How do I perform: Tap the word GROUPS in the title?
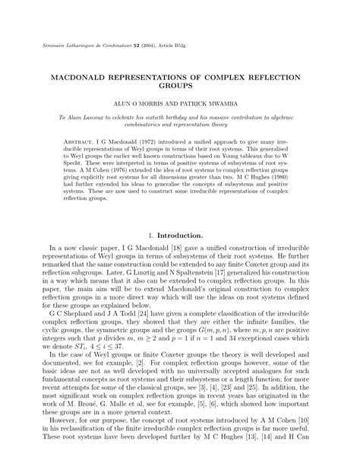tap(180, 89)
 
